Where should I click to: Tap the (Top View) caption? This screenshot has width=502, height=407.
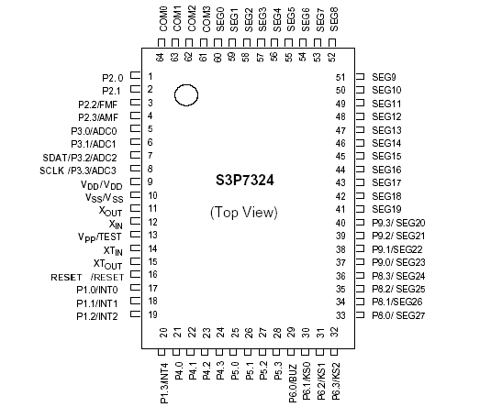point(244,213)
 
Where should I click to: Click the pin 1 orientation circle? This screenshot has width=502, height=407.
point(186,94)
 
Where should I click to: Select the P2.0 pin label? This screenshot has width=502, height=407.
point(113,77)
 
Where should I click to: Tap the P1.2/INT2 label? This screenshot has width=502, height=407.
point(96,316)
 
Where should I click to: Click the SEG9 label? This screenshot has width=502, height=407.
point(384,77)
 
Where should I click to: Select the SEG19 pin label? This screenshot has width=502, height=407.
point(386,210)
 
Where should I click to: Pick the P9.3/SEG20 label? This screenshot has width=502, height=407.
point(399,224)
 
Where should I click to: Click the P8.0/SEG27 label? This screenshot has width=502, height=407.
point(399,316)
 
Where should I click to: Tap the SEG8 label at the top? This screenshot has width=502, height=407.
point(333,17)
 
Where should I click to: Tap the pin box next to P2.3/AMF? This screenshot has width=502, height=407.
point(135,117)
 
